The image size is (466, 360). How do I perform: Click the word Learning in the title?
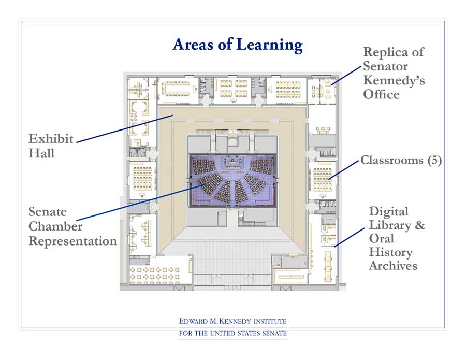[x=270, y=45]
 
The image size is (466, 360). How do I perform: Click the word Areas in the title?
[x=194, y=45]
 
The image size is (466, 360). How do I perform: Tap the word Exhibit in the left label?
[x=51, y=139]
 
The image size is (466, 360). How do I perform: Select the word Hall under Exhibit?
[x=41, y=153]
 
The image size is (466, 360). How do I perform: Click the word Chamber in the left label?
[x=55, y=226]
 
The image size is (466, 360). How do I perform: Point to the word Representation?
[x=73, y=241]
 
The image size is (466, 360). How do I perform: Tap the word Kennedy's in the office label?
[x=394, y=80]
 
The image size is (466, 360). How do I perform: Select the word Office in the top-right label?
[x=381, y=95]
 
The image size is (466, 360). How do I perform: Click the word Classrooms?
[x=392, y=160]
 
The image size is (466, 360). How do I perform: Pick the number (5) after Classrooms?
[x=434, y=160]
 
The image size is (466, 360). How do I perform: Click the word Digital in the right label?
[x=389, y=212]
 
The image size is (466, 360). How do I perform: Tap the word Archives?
[x=393, y=266]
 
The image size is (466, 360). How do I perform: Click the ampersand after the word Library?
[x=419, y=225]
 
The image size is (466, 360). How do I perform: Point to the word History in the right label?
[x=391, y=253]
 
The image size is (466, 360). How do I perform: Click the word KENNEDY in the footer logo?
[x=236, y=321]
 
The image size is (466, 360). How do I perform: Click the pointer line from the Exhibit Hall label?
[x=125, y=129]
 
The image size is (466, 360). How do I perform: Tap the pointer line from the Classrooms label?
[x=344, y=170]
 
